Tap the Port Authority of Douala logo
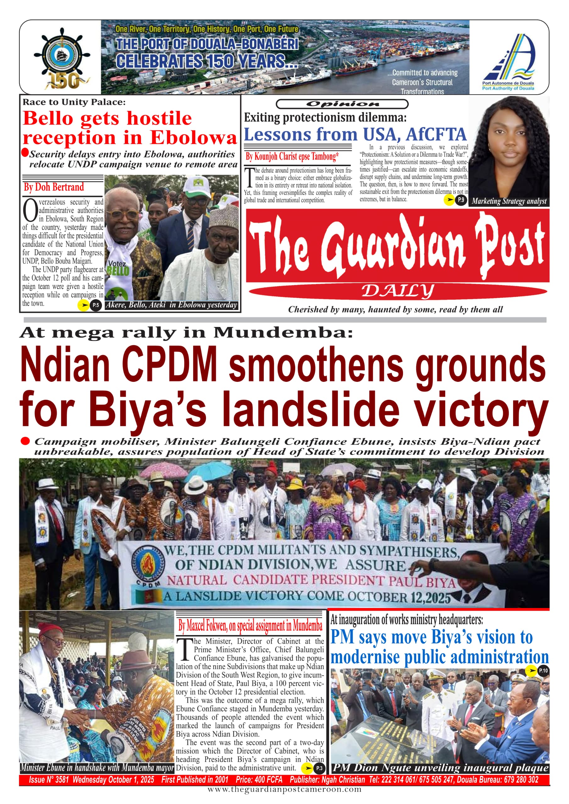tap(508, 61)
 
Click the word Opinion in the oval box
tap(342, 104)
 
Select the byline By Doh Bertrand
tap(54, 187)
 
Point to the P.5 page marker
tap(96, 305)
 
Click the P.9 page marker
tap(461, 200)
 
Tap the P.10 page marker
tap(543, 670)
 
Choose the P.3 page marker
tap(319, 768)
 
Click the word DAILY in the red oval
tap(398, 291)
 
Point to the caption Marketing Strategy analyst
tap(509, 201)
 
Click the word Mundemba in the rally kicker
tap(283, 332)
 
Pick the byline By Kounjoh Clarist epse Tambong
tap(292, 156)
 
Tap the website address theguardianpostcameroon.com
tap(284, 789)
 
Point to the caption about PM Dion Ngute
tap(440, 768)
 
